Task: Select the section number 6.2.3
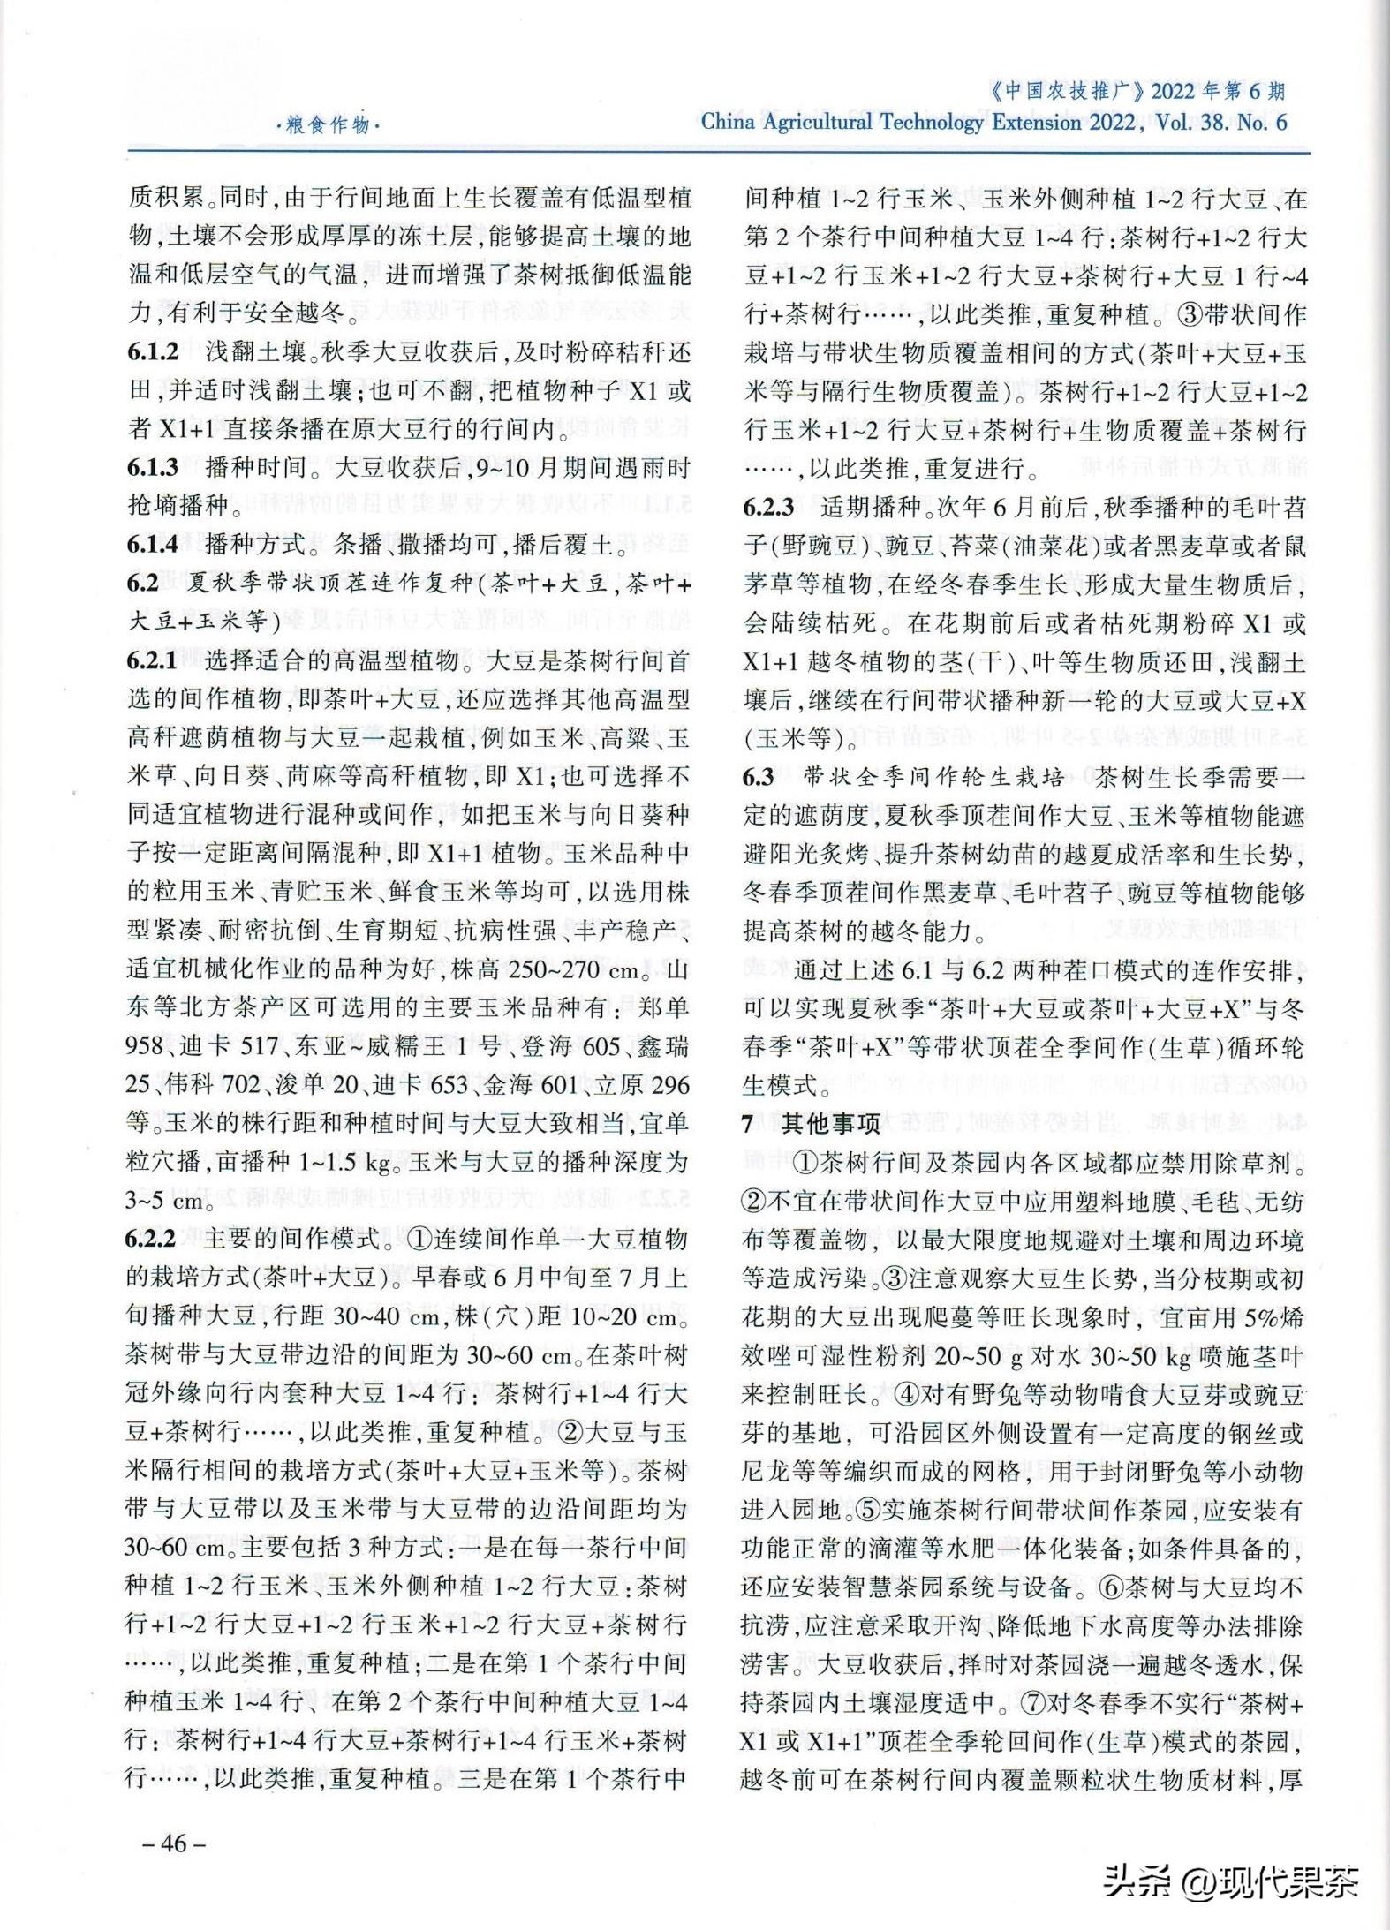point(767,507)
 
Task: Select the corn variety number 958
point(145,1046)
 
